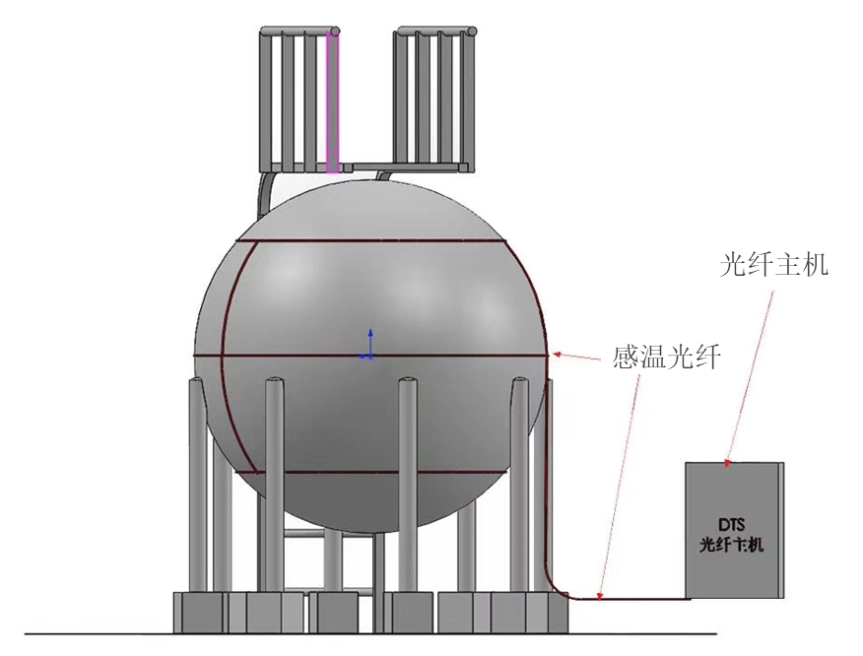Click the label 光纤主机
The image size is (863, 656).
773,264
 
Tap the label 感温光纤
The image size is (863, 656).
667,357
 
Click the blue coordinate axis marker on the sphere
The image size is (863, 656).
369,345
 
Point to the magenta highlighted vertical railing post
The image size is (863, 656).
332,101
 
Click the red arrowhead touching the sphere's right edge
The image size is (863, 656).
556,355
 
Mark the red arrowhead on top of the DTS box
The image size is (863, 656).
728,463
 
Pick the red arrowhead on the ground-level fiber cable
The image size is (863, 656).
600,594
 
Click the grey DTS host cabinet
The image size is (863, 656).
734,530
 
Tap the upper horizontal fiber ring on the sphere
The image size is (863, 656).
369,240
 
